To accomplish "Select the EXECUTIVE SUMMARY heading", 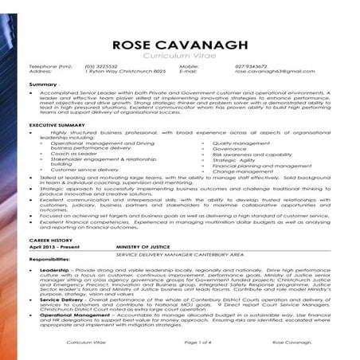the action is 58,126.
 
